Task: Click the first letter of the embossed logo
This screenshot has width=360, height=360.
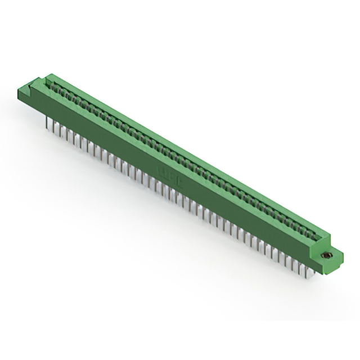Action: (x=159, y=165)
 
